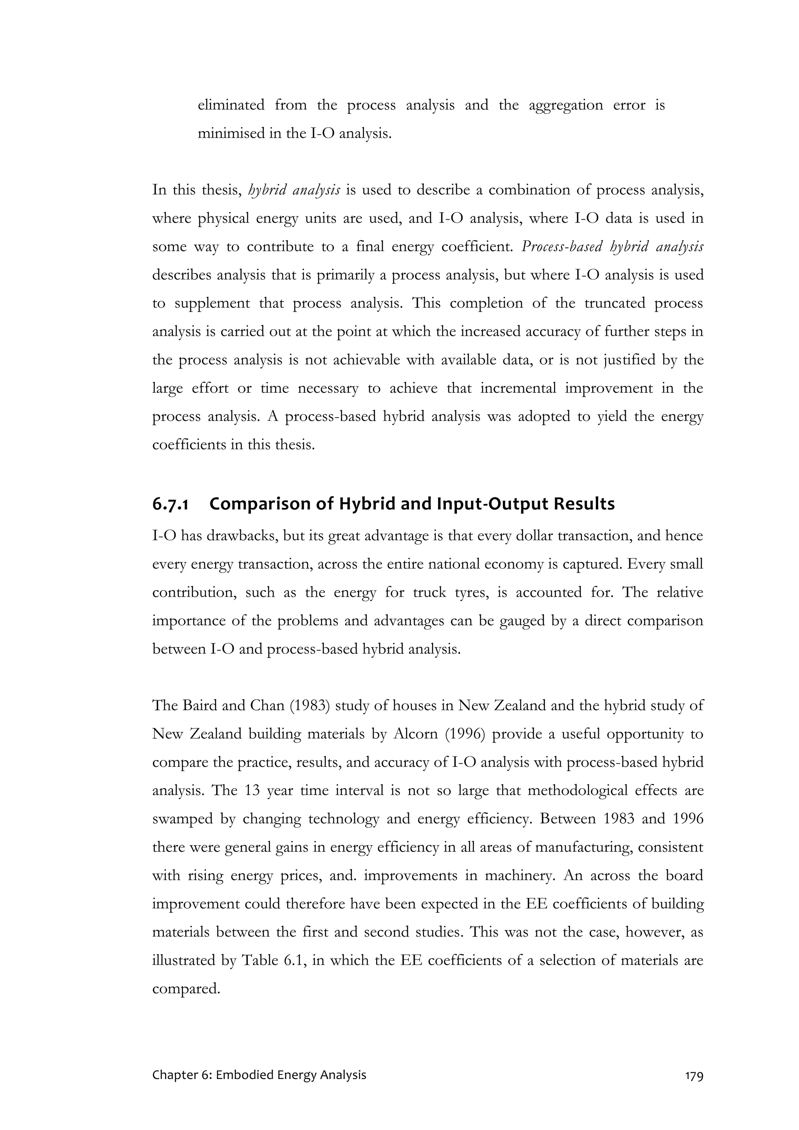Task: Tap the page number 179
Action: coord(694,1089)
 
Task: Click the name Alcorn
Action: coord(415,734)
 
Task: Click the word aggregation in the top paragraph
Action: coord(566,105)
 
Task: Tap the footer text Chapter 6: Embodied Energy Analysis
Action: coord(259,1089)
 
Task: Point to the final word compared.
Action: coord(186,989)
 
